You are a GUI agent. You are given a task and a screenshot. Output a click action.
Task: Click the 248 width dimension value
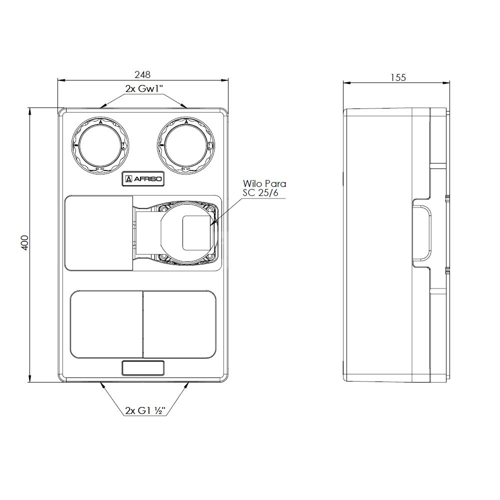(142, 74)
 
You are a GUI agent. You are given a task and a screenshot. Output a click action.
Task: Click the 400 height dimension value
(25, 242)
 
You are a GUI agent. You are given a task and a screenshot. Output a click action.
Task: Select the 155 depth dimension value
(398, 77)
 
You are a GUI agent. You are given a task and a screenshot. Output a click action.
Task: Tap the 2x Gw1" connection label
(144, 88)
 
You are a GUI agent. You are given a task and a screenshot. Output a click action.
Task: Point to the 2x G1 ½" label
(145, 410)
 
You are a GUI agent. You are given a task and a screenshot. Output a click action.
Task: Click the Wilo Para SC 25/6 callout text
(264, 188)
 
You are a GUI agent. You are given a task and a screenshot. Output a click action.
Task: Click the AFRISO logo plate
(142, 179)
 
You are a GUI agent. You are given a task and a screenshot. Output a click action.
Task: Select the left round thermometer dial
(100, 145)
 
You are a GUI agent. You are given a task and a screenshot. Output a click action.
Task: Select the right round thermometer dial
(186, 145)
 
